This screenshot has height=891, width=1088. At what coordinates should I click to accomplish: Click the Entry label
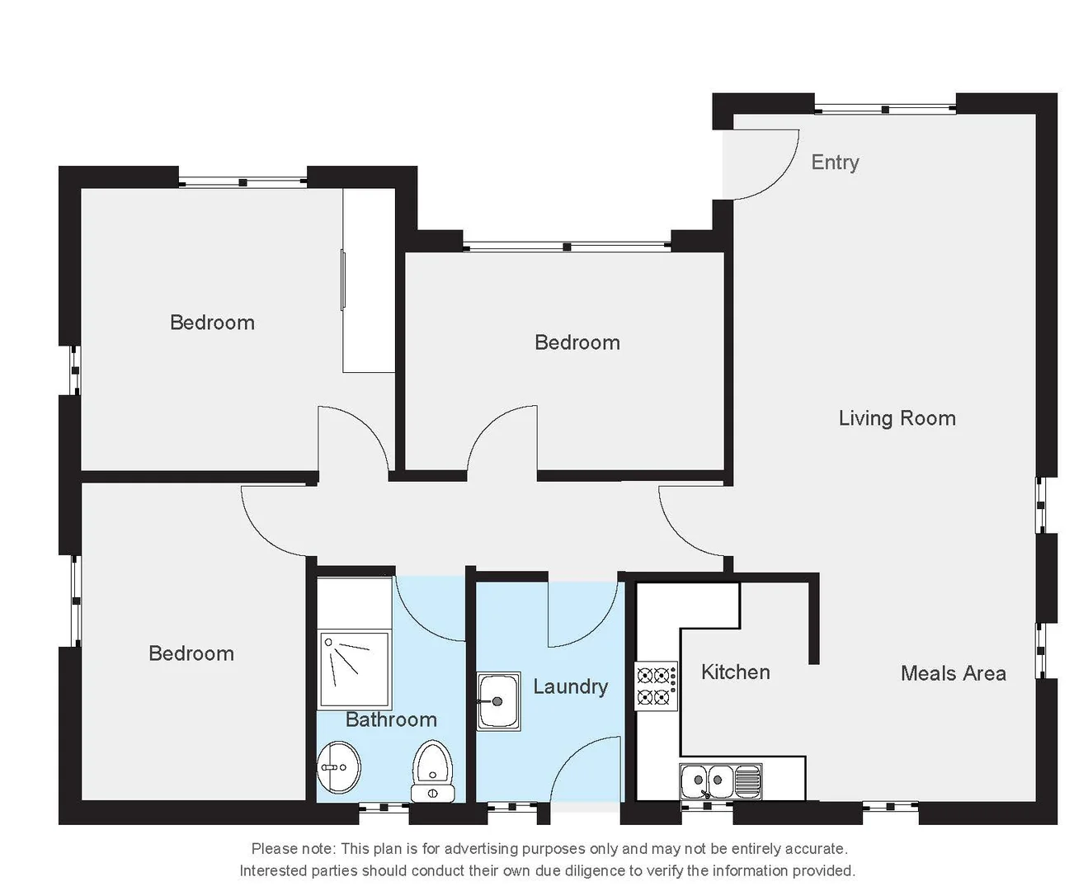click(835, 163)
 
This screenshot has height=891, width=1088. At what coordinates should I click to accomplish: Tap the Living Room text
click(897, 418)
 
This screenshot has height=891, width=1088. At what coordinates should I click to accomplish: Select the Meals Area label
click(953, 673)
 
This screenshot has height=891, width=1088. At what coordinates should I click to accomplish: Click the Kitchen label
click(735, 672)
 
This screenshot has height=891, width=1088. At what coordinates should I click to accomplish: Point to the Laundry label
click(570, 686)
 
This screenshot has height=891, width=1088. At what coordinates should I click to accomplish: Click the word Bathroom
click(391, 719)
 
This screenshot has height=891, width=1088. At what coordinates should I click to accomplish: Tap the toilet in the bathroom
click(432, 770)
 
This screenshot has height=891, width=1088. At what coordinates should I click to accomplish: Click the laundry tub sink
click(498, 701)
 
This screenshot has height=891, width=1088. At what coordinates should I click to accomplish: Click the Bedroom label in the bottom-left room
click(191, 653)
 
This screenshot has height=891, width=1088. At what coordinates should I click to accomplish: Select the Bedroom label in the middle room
click(577, 342)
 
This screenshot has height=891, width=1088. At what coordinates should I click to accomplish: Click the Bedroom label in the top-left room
click(212, 323)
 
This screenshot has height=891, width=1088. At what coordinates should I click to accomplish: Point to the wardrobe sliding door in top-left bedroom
click(343, 280)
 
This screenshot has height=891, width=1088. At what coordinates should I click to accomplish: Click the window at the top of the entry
click(885, 108)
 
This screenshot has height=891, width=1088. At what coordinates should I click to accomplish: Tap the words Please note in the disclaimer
click(293, 848)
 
